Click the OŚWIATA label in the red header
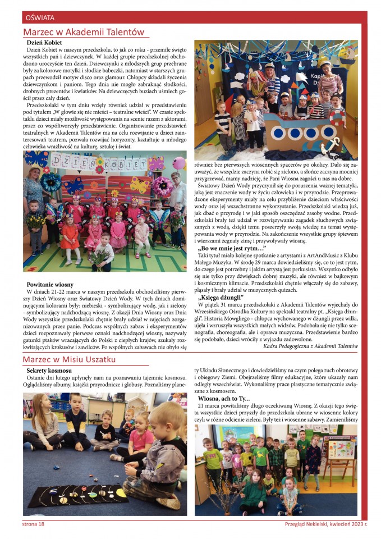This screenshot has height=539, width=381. pos(39,18)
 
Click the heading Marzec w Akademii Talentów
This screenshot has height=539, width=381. pos(84,32)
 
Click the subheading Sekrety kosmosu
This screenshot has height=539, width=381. pos(49,371)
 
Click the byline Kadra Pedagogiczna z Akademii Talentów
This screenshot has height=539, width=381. pos(310,346)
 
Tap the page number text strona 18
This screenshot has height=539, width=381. pos(33,524)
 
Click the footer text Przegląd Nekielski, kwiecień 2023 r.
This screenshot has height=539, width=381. pos(326,524)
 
